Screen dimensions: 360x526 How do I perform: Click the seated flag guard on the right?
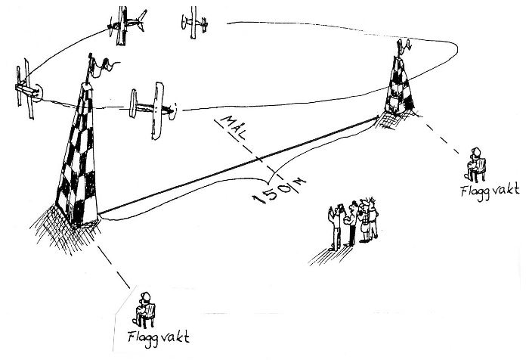[x=476, y=161]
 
